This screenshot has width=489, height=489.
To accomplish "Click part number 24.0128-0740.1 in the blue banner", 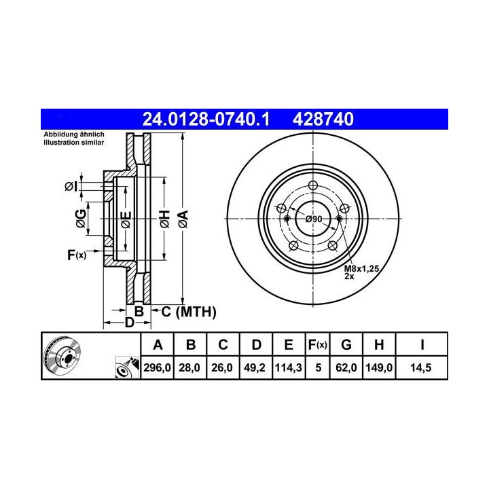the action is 206,119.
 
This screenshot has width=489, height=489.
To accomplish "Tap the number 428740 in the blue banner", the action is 323,119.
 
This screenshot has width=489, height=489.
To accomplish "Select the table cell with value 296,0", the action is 157,367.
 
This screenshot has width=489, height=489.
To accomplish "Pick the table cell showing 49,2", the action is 255,367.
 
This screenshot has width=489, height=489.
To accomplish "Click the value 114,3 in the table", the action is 289,367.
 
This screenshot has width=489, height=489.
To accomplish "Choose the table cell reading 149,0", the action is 379,367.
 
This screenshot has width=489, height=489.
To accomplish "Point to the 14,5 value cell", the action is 421,367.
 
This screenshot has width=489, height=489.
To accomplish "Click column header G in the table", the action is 346,344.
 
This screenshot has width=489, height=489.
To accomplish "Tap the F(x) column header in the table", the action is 317,344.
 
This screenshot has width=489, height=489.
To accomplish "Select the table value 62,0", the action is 346,367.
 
